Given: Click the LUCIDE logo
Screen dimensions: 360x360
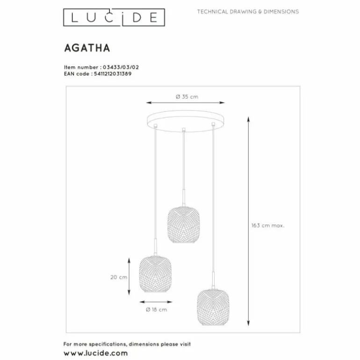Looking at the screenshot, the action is coord(114,17).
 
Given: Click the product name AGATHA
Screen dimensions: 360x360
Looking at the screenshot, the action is coord(87,48).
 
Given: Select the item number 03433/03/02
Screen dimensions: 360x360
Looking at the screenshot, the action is coord(121,67).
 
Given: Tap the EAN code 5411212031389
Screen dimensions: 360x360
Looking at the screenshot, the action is coord(113,74).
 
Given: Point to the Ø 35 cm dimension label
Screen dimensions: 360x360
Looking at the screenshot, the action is coord(187,97).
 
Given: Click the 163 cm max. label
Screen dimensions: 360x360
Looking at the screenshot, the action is coord(268,225).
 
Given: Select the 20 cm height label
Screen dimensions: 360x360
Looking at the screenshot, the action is coord(119,277).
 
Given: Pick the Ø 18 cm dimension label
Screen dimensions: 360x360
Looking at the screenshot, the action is coord(156,310).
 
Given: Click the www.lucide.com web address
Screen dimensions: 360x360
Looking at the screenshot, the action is coord(96,353).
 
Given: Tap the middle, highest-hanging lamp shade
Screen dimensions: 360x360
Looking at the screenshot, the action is coord(183,224).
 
